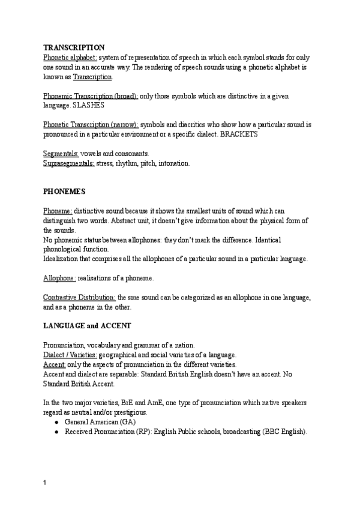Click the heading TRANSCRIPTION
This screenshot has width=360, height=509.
(x=74, y=47)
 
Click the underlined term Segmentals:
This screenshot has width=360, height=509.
(x=61, y=154)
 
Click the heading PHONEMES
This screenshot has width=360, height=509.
(x=64, y=191)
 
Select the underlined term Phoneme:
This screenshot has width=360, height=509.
(x=58, y=211)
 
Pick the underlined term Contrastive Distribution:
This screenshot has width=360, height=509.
(x=80, y=297)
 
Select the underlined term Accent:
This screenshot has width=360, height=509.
(x=55, y=364)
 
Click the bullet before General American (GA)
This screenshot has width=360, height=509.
(x=56, y=422)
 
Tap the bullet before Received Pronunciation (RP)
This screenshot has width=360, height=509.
(x=56, y=432)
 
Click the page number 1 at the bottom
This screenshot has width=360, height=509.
(x=45, y=482)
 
